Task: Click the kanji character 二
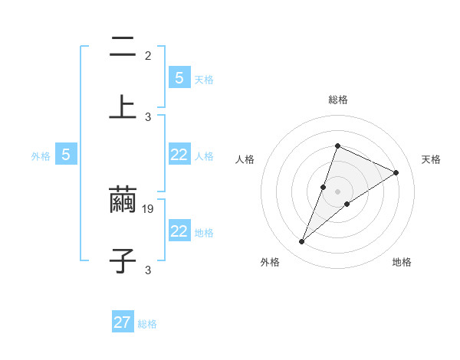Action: pyautogui.click(x=123, y=47)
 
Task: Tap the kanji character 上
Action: pyautogui.click(x=123, y=106)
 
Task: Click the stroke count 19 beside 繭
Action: pyautogui.click(x=149, y=208)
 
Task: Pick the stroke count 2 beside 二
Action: pyautogui.click(x=148, y=55)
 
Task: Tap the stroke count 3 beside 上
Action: pyautogui.click(x=148, y=116)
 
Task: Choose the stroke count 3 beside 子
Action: pyautogui.click(x=148, y=270)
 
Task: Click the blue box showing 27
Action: pyautogui.click(x=123, y=322)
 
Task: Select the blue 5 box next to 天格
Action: pyautogui.click(x=179, y=77)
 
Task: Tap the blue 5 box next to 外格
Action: pyautogui.click(x=66, y=155)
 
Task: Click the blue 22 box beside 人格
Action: pyautogui.click(x=179, y=155)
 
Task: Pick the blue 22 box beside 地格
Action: pyautogui.click(x=179, y=231)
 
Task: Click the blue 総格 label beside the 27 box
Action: pyautogui.click(x=147, y=324)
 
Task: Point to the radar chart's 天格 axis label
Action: pyautogui.click(x=431, y=159)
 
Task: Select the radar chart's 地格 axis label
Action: pyautogui.click(x=402, y=262)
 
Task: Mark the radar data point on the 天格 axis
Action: pyautogui.click(x=396, y=172)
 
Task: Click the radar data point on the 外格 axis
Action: pyautogui.click(x=302, y=242)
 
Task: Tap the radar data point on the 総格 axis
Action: pyautogui.click(x=337, y=146)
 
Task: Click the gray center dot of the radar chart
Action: pyautogui.click(x=337, y=191)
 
